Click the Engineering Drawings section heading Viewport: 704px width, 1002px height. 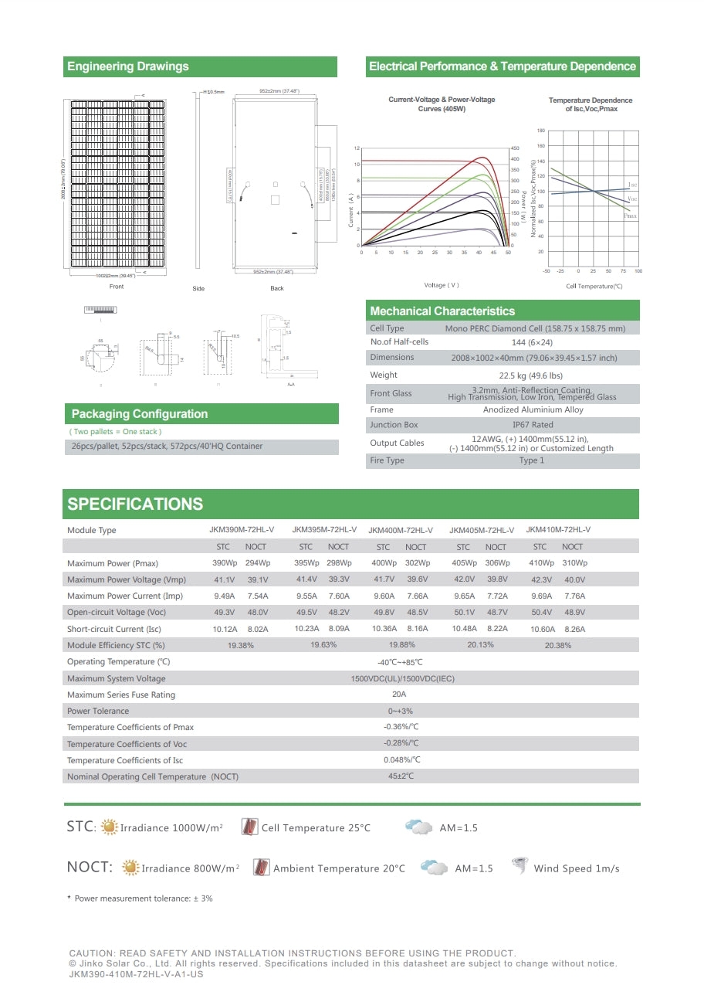click(128, 66)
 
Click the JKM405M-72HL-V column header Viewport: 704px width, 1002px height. click(482, 530)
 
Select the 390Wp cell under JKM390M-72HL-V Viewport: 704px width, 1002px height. click(224, 563)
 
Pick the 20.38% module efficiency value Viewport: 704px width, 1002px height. click(558, 645)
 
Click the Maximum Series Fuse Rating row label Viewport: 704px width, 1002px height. click(121, 695)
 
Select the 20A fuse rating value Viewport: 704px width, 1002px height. click(399, 695)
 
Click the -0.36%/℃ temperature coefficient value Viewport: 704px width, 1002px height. click(401, 727)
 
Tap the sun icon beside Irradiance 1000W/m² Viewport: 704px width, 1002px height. click(110, 827)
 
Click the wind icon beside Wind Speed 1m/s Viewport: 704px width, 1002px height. click(520, 867)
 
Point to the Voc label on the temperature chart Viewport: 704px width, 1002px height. click(632, 199)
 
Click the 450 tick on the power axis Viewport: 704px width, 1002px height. click(515, 148)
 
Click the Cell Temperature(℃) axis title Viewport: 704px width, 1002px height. click(594, 287)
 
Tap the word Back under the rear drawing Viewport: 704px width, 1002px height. click(277, 288)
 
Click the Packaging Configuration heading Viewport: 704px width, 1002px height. click(140, 414)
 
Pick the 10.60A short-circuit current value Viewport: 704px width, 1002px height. click(543, 629)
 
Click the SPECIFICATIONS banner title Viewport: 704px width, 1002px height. click(135, 504)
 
